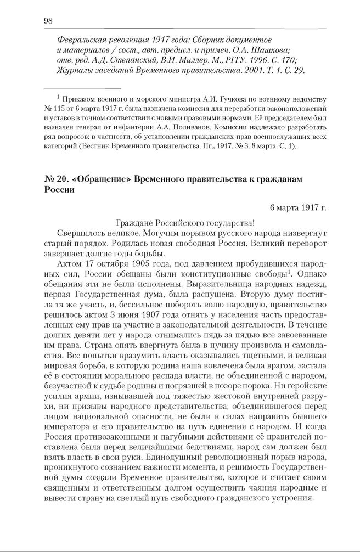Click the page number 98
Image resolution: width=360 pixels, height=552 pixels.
48,21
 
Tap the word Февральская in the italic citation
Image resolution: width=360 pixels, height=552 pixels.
82,41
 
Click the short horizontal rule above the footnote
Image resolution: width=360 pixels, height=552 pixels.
82,88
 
